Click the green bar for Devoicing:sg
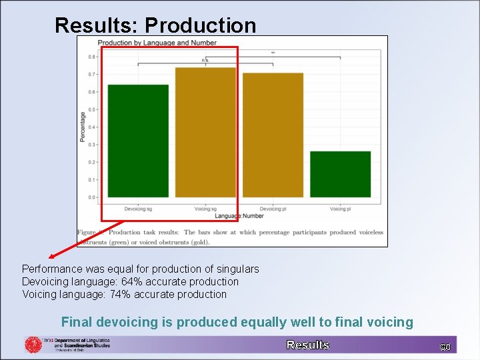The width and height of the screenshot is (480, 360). pos(138,141)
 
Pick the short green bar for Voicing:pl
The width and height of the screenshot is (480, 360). pos(340,174)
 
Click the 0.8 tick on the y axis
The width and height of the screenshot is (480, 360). pos(91,57)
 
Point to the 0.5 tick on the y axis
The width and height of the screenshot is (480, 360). pos(91,109)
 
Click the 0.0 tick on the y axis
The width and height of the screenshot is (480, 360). pos(91,197)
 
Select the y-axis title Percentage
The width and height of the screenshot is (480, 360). pos(83,127)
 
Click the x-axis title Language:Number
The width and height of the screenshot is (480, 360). pos(239,216)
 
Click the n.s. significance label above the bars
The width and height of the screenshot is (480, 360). pos(205,60)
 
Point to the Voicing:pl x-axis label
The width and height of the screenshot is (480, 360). pos(340,209)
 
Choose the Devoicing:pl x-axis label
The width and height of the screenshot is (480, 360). pos(273,209)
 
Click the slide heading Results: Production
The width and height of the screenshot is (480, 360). pos(155,25)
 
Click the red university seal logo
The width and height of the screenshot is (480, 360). pos(33,345)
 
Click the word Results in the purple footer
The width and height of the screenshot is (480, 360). pos(308,345)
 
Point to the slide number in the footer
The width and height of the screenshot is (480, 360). pos(445,347)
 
